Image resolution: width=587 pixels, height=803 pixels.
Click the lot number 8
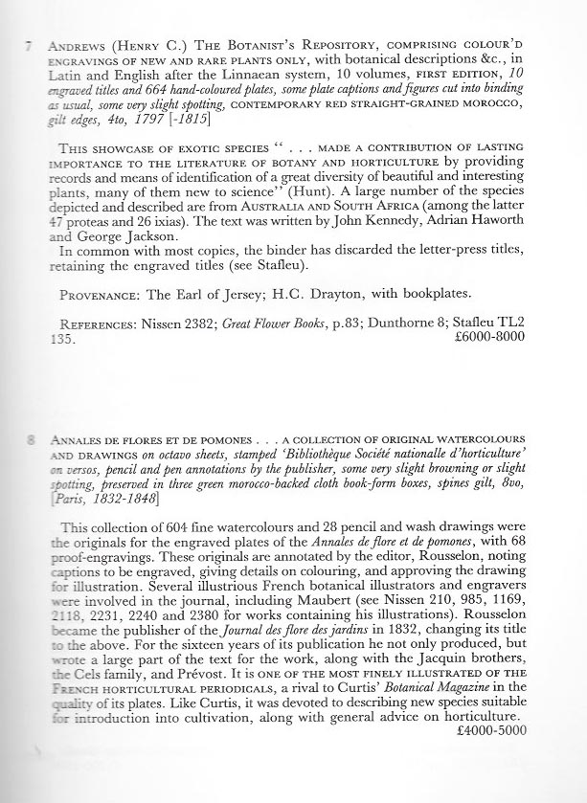pos(32,440)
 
